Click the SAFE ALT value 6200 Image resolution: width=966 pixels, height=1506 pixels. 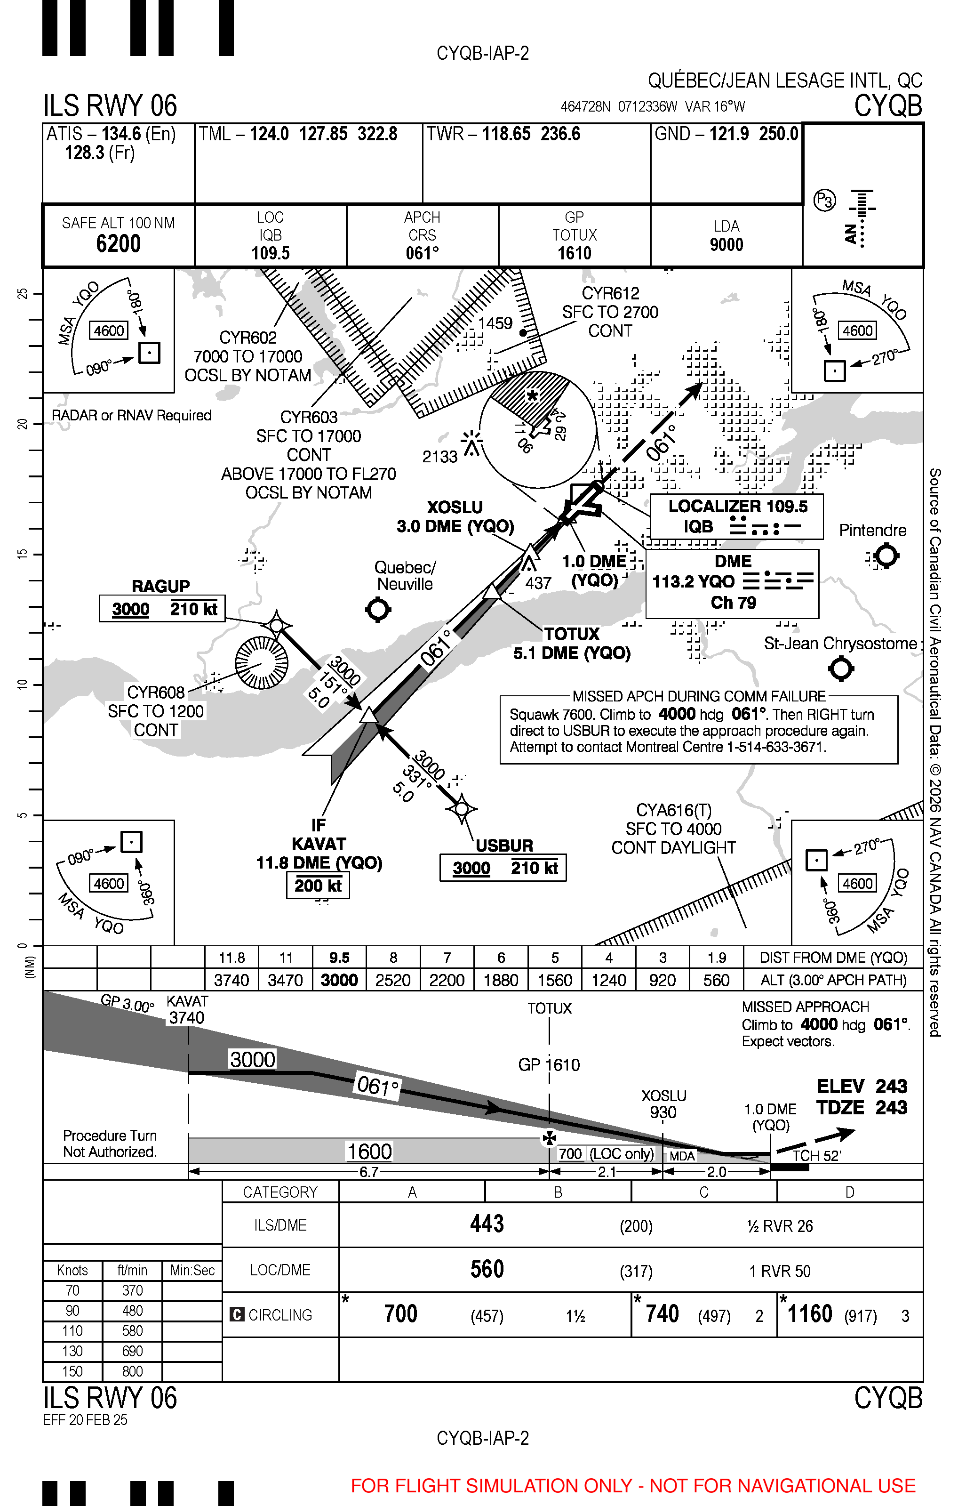point(118,243)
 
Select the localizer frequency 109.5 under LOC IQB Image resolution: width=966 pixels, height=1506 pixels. point(271,253)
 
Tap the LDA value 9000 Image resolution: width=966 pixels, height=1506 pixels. point(726,245)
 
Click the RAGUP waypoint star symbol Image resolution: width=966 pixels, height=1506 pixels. point(277,625)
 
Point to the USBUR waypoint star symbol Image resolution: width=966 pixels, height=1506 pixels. point(462,809)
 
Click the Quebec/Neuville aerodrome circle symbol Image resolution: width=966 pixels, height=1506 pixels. point(378,609)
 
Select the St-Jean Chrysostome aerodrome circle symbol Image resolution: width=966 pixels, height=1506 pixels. point(841,668)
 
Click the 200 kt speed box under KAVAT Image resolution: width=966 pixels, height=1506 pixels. point(318,886)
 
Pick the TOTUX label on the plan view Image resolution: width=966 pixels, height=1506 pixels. point(571,634)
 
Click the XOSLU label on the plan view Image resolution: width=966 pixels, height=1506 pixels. point(455,507)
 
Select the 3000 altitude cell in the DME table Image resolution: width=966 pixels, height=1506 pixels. point(339,980)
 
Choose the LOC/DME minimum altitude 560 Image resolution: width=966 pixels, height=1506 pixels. point(487,1269)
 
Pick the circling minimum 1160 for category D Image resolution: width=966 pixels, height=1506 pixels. point(810,1314)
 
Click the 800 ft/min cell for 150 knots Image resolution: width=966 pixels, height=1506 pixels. point(132,1371)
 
